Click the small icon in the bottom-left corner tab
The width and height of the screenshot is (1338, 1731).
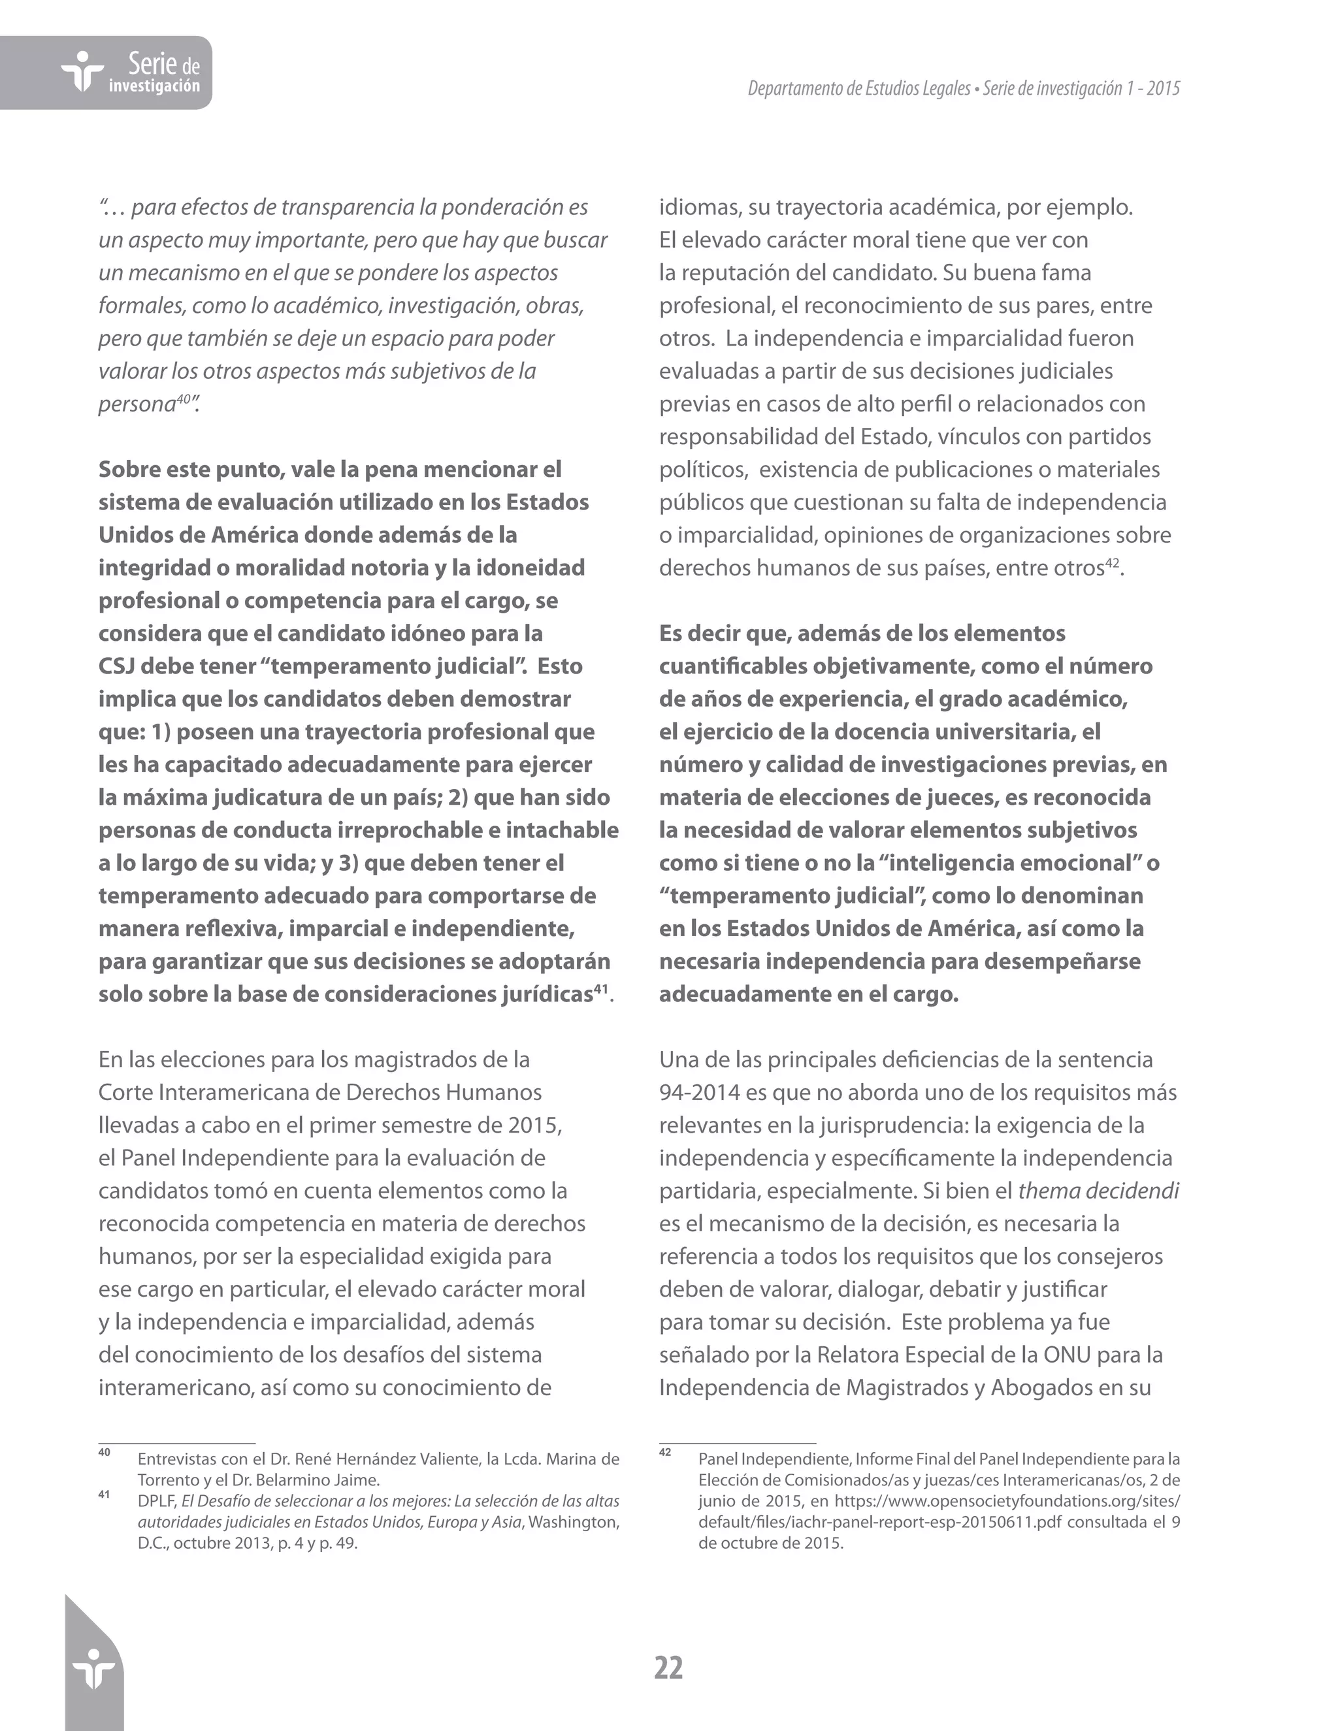tap(93, 1668)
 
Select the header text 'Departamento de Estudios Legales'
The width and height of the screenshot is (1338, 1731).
tap(858, 89)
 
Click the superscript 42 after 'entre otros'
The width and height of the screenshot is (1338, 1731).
tap(1112, 562)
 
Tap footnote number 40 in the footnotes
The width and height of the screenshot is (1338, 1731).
tap(104, 1452)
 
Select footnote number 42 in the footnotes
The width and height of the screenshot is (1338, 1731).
tap(665, 1452)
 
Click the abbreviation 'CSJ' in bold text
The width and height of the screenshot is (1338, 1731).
tap(116, 666)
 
